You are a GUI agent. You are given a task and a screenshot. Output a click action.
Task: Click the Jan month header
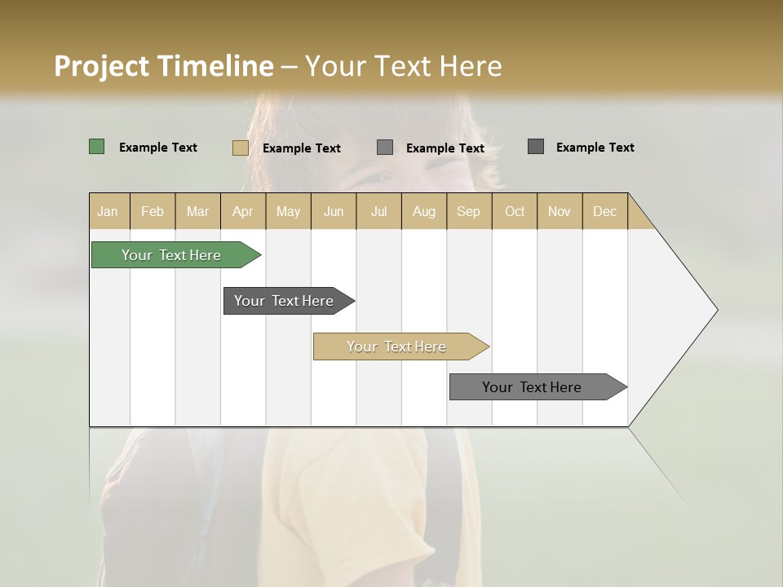108,211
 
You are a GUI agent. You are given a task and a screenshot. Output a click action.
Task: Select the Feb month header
153,211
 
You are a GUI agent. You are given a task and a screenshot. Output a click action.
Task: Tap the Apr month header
242,211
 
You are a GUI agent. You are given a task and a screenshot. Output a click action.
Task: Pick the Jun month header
334,211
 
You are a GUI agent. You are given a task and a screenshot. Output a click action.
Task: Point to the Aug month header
423,211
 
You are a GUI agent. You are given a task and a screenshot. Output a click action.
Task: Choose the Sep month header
468,211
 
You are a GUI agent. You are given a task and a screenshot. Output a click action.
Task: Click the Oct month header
515,211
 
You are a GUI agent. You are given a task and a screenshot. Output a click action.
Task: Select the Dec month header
604,211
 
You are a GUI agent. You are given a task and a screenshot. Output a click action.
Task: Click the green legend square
97,147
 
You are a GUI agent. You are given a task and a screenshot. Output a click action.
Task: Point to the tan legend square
241,148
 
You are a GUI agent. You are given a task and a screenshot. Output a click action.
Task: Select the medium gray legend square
385,148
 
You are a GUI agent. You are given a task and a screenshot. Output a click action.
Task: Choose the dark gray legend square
536,147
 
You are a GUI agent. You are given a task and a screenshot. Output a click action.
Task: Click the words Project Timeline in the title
163,66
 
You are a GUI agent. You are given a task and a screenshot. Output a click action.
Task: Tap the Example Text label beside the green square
158,148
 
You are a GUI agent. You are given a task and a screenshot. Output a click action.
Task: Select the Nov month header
560,211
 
